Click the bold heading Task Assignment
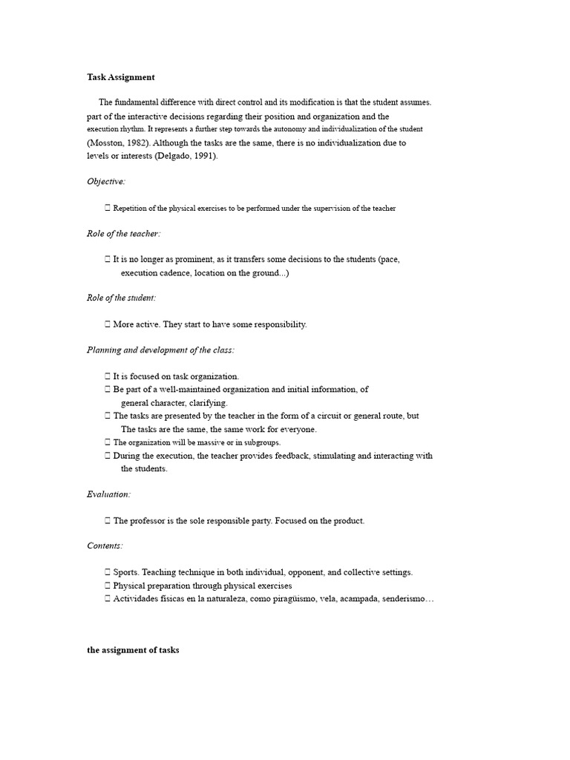pos(120,76)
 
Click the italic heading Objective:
pos(106,181)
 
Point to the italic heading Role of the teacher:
pos(123,233)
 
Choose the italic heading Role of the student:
pos(122,298)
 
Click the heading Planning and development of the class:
pos(160,350)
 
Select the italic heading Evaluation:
pos(108,494)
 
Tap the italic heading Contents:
pos(105,546)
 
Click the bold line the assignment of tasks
pos(133,650)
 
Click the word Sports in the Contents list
pos(125,572)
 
